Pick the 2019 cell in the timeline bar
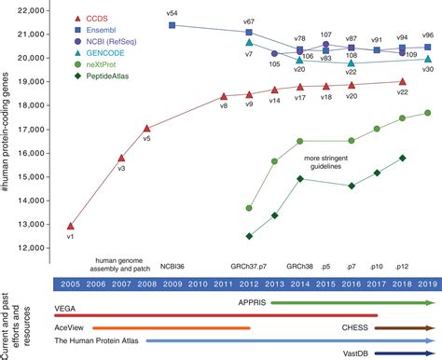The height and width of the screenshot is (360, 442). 426,284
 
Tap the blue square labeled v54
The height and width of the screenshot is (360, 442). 173,25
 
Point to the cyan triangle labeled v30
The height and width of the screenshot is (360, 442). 427,58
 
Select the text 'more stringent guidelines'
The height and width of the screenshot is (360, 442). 337,159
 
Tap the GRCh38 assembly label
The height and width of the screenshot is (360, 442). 301,264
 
